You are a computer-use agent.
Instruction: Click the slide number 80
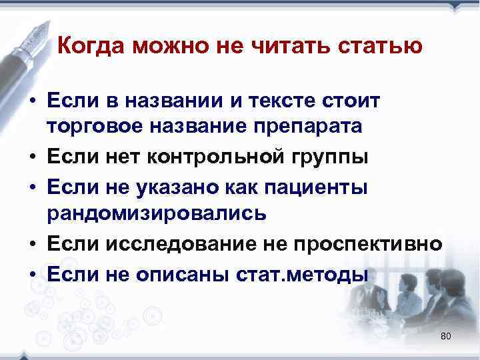coord(446,336)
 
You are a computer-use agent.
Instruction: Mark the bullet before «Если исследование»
coord(32,245)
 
